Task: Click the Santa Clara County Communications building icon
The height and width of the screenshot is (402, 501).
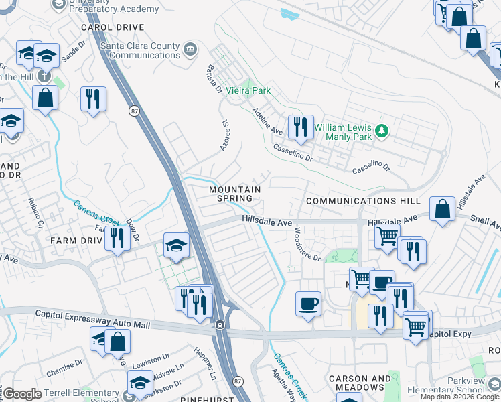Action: pyautogui.click(x=190, y=50)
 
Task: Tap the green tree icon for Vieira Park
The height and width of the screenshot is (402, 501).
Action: pyautogui.click(x=247, y=90)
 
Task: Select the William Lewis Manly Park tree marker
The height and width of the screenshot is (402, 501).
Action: pyautogui.click(x=382, y=131)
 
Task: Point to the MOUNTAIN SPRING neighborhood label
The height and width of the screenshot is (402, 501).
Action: pyautogui.click(x=234, y=194)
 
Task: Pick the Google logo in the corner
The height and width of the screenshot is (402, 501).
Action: pyautogui.click(x=22, y=394)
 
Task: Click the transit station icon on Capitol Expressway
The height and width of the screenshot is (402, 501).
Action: pyautogui.click(x=219, y=325)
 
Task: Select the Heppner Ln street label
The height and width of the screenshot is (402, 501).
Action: pyautogui.click(x=206, y=370)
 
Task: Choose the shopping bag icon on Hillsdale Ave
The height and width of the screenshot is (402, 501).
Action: pyautogui.click(x=443, y=209)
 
